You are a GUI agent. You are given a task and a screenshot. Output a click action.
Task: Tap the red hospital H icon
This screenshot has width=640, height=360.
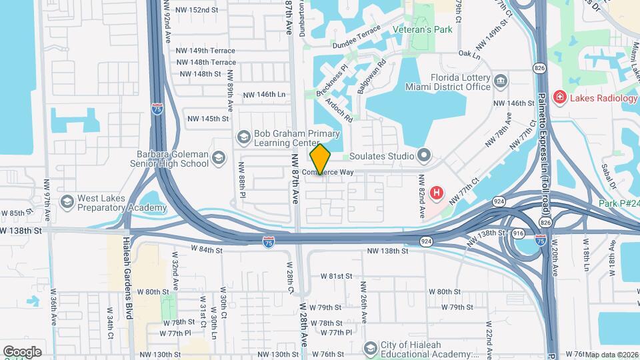pyautogui.click(x=437, y=193)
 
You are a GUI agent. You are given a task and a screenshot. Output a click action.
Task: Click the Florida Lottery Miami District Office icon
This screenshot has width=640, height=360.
pyautogui.click(x=501, y=81)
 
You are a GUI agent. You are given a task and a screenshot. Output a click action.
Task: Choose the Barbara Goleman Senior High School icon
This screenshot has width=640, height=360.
pyautogui.click(x=219, y=159)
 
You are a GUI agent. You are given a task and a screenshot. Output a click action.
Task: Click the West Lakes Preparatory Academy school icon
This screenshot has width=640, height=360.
pyautogui.click(x=66, y=201)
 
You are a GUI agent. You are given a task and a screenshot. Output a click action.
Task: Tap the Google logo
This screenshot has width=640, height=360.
pyautogui.click(x=22, y=351)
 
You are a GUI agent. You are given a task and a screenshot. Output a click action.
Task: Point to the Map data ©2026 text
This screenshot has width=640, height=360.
pyautogui.click(x=611, y=355)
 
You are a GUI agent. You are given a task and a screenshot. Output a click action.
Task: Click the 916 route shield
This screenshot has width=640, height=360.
pyautogui.click(x=518, y=233)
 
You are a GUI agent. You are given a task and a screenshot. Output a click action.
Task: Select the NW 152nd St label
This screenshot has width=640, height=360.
pyautogui.click(x=197, y=10)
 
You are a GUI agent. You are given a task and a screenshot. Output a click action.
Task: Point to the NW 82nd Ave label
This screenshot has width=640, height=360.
pyautogui.click(x=422, y=197)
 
